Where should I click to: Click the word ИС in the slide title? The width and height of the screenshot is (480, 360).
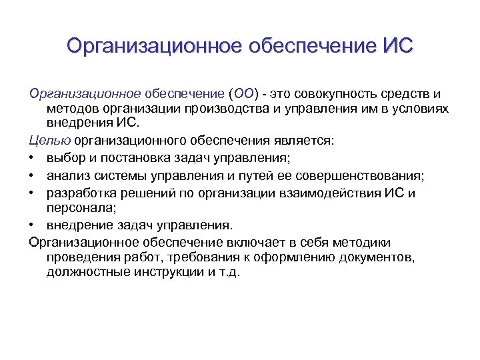point(399,46)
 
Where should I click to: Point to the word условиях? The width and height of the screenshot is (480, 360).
point(421,108)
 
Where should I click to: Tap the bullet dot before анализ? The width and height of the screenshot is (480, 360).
point(33,175)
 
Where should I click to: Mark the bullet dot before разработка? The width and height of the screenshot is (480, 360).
point(33,193)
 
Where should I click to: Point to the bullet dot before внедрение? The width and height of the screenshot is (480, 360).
point(33,225)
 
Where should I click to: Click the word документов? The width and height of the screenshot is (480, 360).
point(376,257)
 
